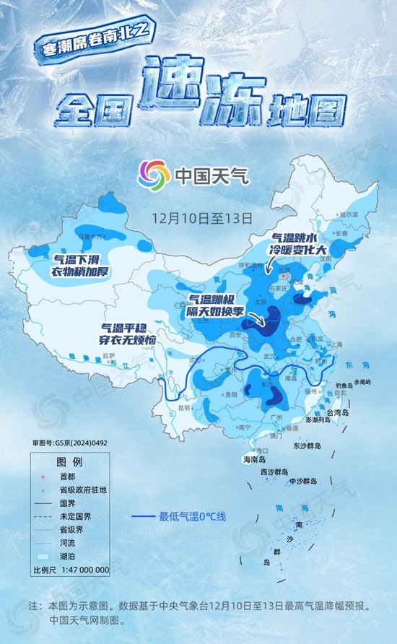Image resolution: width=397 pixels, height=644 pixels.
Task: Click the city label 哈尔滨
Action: pos(348,214)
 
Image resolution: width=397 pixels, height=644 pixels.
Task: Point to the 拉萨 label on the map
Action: pos(109,355)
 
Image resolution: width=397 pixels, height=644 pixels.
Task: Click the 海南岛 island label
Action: pos(253,459)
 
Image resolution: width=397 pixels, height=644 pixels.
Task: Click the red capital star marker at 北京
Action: pos(284,275)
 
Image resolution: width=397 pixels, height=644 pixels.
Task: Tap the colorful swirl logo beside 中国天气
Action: pos(152,174)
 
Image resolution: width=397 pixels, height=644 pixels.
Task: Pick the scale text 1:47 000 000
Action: pos(80,570)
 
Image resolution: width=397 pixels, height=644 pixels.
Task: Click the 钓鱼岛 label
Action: pos(336,386)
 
